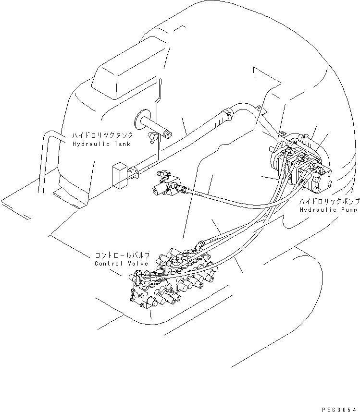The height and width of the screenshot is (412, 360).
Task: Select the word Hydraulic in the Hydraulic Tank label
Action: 88,144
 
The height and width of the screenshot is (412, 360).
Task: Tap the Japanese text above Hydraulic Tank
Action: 99,136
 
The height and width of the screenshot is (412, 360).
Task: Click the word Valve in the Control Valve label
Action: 138,264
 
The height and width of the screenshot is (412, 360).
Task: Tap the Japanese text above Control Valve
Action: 122,255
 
